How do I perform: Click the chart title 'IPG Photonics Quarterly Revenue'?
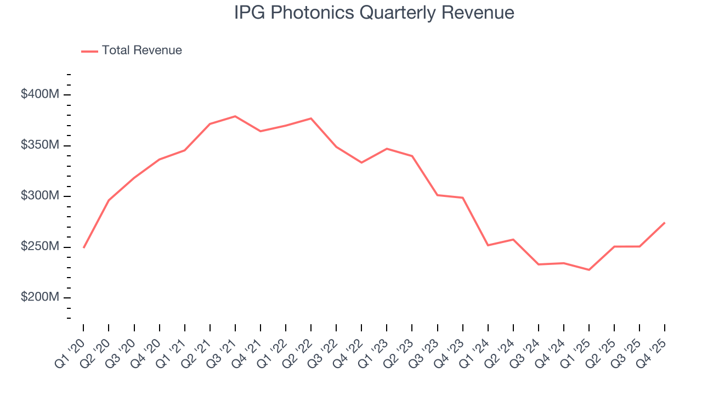[374, 13]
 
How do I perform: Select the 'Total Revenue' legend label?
[141, 50]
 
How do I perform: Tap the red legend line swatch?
[89, 51]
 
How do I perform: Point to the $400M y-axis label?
[39, 94]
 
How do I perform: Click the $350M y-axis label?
[39, 145]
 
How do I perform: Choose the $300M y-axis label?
[39, 196]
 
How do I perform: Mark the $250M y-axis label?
[39, 247]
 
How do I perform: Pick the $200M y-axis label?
[39, 297]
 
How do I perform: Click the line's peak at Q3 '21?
[235, 116]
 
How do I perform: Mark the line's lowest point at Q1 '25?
[589, 270]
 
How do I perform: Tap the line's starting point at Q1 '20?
[83, 247]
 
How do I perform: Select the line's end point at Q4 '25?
[665, 223]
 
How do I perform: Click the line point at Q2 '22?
[311, 119]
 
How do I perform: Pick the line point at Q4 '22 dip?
[361, 162]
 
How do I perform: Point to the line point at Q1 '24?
[488, 245]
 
